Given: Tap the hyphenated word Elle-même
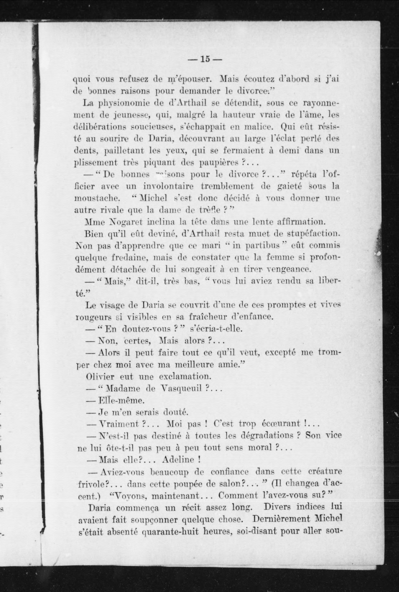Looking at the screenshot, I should pos(121,400).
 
